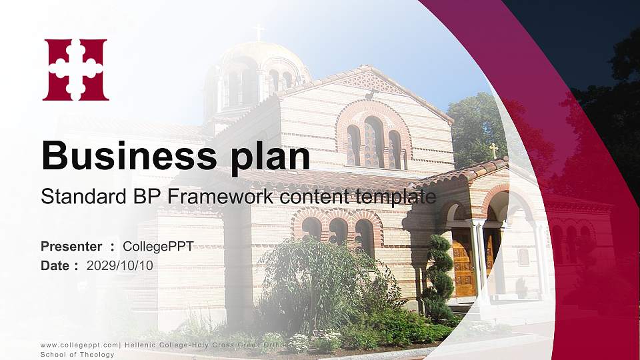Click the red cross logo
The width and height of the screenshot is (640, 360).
click(75, 69)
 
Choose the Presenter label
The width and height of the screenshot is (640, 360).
click(71, 246)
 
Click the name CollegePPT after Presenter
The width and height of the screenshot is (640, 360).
click(158, 246)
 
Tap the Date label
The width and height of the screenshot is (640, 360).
click(55, 265)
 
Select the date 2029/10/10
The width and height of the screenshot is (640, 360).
click(120, 265)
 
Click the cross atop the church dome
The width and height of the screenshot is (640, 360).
click(259, 31)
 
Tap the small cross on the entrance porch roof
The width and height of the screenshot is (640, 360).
click(493, 150)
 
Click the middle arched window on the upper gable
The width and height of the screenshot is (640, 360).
click(373, 142)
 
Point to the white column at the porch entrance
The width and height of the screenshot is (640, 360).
click(478, 260)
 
